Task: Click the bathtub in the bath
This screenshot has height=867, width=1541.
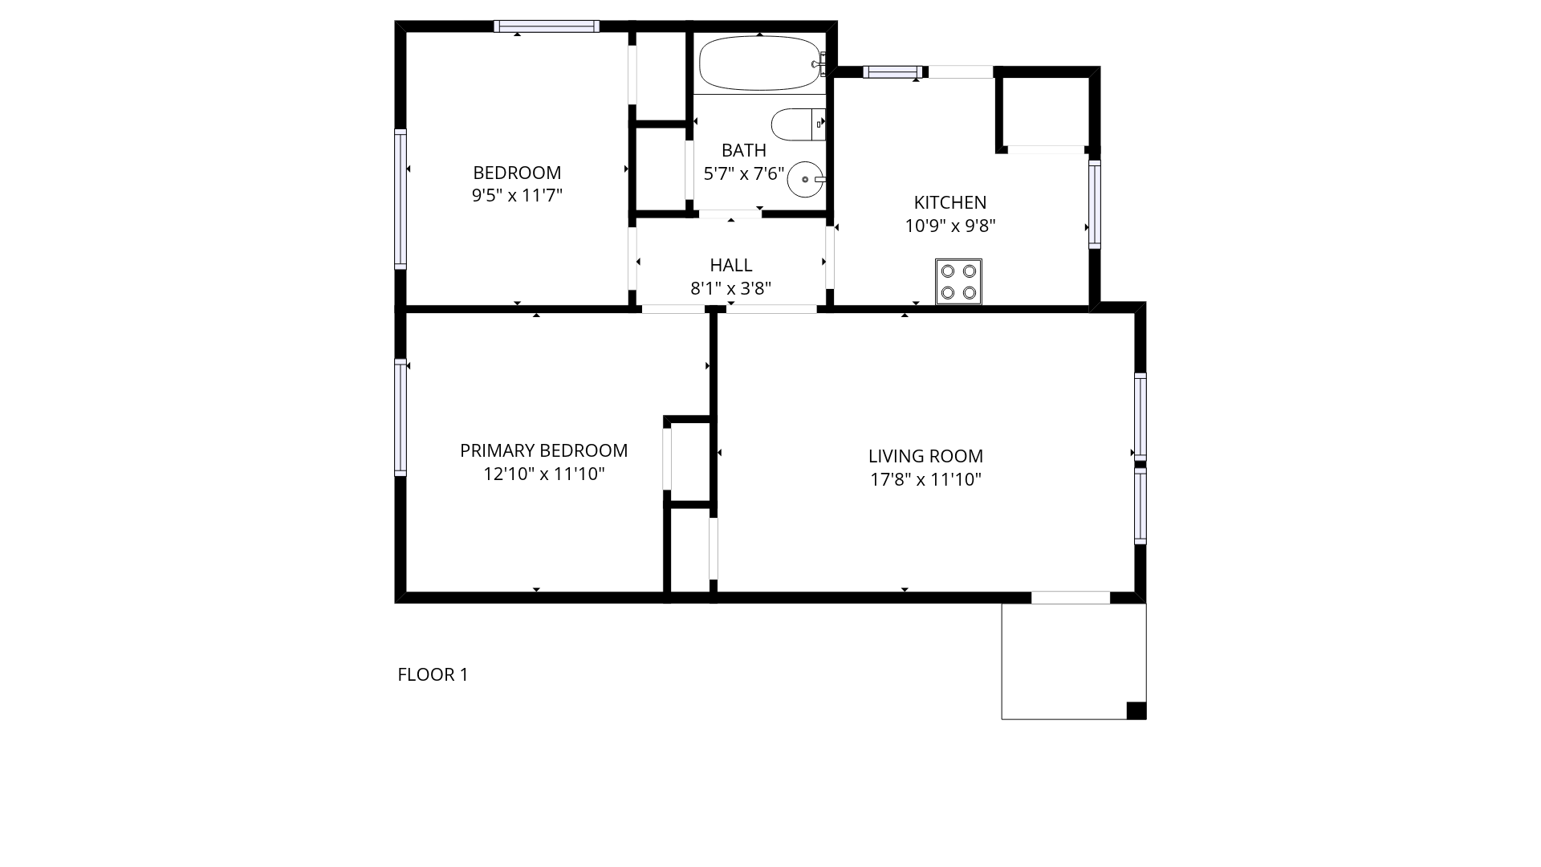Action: tap(759, 63)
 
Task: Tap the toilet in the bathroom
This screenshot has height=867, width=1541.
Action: tap(798, 124)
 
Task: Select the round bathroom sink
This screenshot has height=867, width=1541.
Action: tap(806, 179)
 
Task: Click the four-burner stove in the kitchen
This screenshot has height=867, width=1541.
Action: tap(958, 282)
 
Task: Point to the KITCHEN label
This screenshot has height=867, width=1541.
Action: tap(950, 202)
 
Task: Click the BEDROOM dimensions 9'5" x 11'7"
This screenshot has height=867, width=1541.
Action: tap(517, 195)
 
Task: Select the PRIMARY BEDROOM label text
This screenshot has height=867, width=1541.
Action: tap(544, 450)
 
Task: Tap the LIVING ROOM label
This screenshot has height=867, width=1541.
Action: tap(925, 456)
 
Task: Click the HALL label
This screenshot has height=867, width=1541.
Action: tap(731, 265)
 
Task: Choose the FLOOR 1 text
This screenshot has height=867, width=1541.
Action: tap(433, 674)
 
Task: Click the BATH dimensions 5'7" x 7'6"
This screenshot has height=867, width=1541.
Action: tap(744, 173)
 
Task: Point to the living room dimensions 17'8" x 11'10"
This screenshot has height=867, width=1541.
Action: tap(926, 479)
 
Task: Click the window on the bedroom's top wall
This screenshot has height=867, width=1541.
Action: tap(547, 26)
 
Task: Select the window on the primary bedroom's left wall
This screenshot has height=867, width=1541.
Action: tap(400, 417)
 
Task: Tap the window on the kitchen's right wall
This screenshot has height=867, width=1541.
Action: tap(1094, 204)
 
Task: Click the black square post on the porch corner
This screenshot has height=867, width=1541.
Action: tap(1136, 710)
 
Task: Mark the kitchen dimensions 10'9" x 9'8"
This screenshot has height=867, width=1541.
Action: tap(950, 226)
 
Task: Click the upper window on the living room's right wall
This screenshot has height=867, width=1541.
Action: tap(1140, 417)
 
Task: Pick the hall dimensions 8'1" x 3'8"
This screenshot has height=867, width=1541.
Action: tap(731, 288)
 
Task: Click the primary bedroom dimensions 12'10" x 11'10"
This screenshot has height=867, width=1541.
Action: tap(544, 474)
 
